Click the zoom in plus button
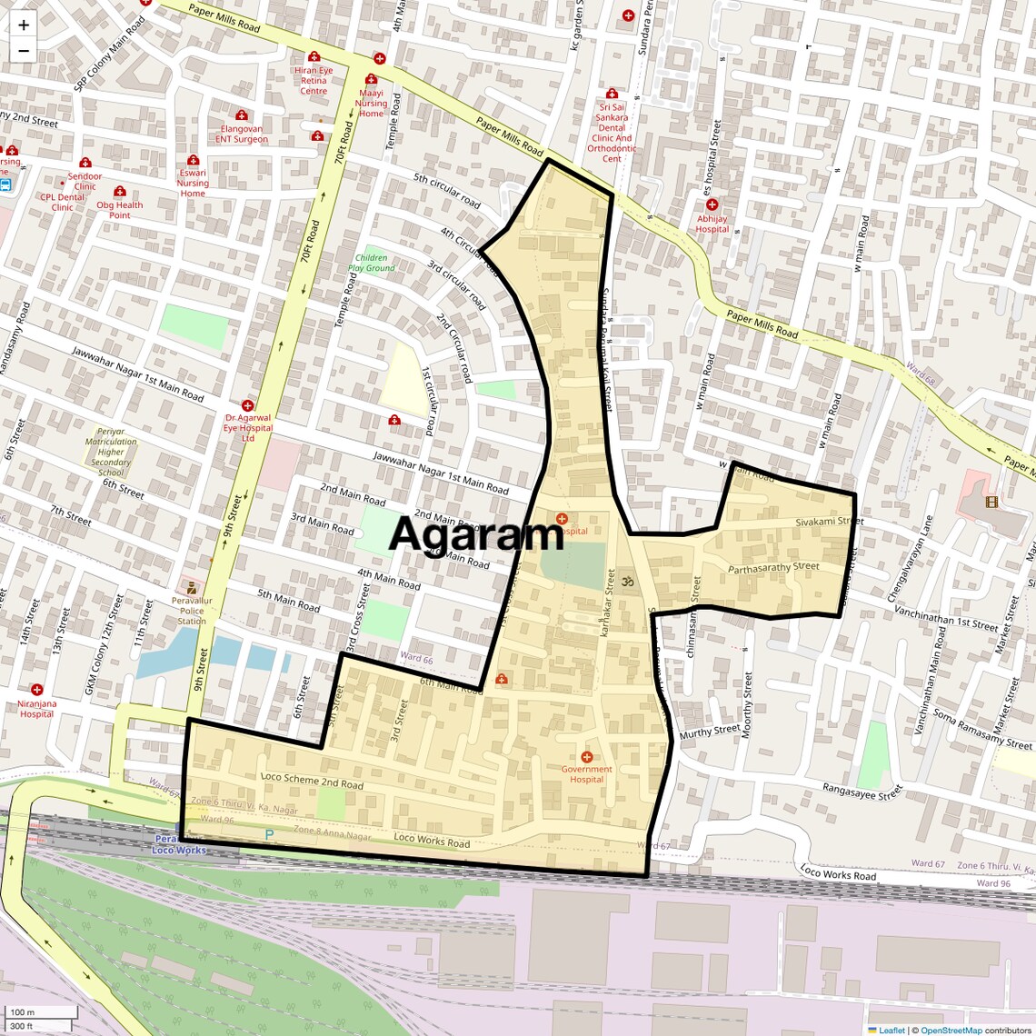pos(24,25)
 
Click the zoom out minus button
pos(24,51)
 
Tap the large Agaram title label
pos(476,534)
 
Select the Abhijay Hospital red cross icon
pos(712,205)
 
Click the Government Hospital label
pos(586,774)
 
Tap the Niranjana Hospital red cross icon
pos(36,690)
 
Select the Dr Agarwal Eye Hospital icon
pos(247,405)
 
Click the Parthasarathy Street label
pos(773,568)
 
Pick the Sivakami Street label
pos(829,523)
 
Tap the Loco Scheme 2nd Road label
pos(312,781)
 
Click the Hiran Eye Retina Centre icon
pos(314,56)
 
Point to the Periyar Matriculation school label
pos(111,452)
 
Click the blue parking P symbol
pos(268,833)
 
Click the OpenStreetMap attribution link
pos(951,1030)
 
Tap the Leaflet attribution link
pos(892,1030)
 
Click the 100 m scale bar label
pos(22,1012)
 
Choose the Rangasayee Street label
pos(862,792)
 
